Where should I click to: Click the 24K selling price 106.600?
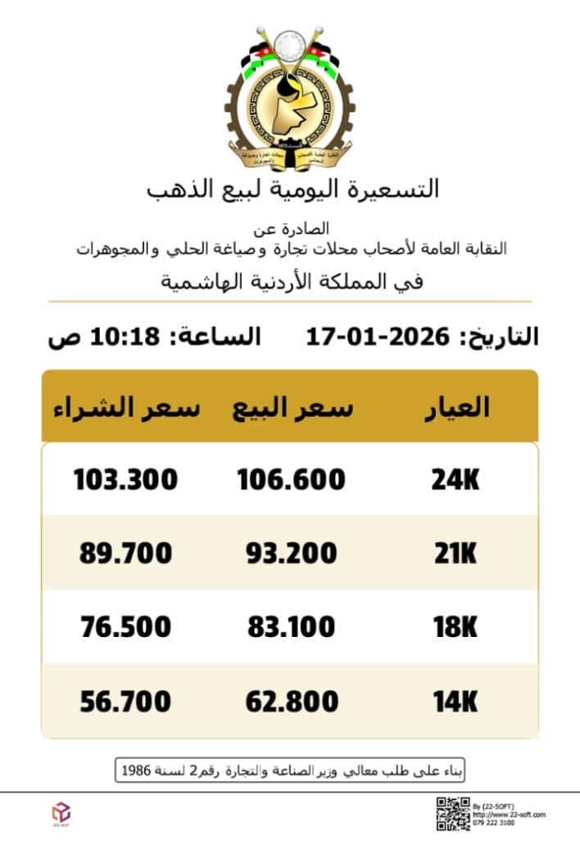(291, 479)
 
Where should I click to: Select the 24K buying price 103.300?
(125, 479)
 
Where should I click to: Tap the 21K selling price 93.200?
(291, 553)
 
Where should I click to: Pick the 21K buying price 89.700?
(125, 553)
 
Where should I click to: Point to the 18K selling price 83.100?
(291, 627)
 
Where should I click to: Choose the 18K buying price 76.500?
(125, 627)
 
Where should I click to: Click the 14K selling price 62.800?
(291, 702)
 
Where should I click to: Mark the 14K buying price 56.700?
(125, 702)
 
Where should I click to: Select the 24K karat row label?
(455, 480)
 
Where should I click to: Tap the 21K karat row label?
(455, 553)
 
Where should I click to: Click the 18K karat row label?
(455, 627)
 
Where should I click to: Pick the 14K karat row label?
(455, 702)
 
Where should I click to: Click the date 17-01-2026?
(378, 336)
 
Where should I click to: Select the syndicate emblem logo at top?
(290, 97)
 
